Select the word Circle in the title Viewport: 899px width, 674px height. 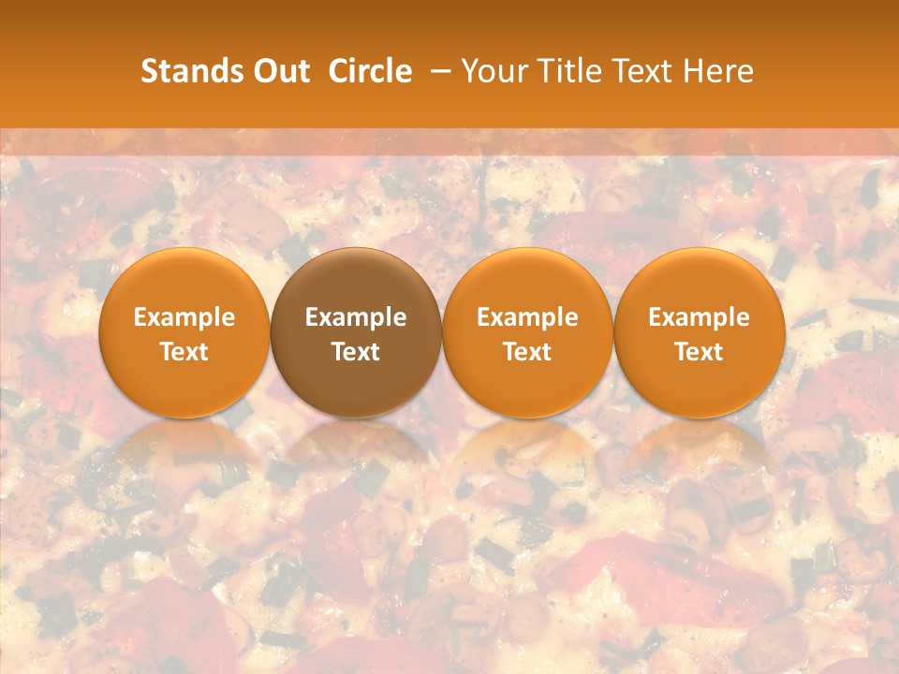[370, 71]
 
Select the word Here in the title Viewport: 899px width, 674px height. [721, 71]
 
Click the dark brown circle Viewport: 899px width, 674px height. [356, 332]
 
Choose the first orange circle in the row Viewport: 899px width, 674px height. [184, 332]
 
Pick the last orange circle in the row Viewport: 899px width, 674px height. [700, 332]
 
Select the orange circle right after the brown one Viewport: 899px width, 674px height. [527, 332]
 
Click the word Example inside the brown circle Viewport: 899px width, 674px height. [356, 317]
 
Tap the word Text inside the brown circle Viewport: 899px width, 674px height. [356, 352]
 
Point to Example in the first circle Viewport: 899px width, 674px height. [184, 317]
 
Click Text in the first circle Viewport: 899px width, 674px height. [184, 352]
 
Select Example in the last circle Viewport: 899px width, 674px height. [700, 317]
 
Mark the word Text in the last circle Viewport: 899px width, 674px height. [700, 352]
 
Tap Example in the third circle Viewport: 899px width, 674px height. [527, 317]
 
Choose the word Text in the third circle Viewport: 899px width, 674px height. [527, 352]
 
